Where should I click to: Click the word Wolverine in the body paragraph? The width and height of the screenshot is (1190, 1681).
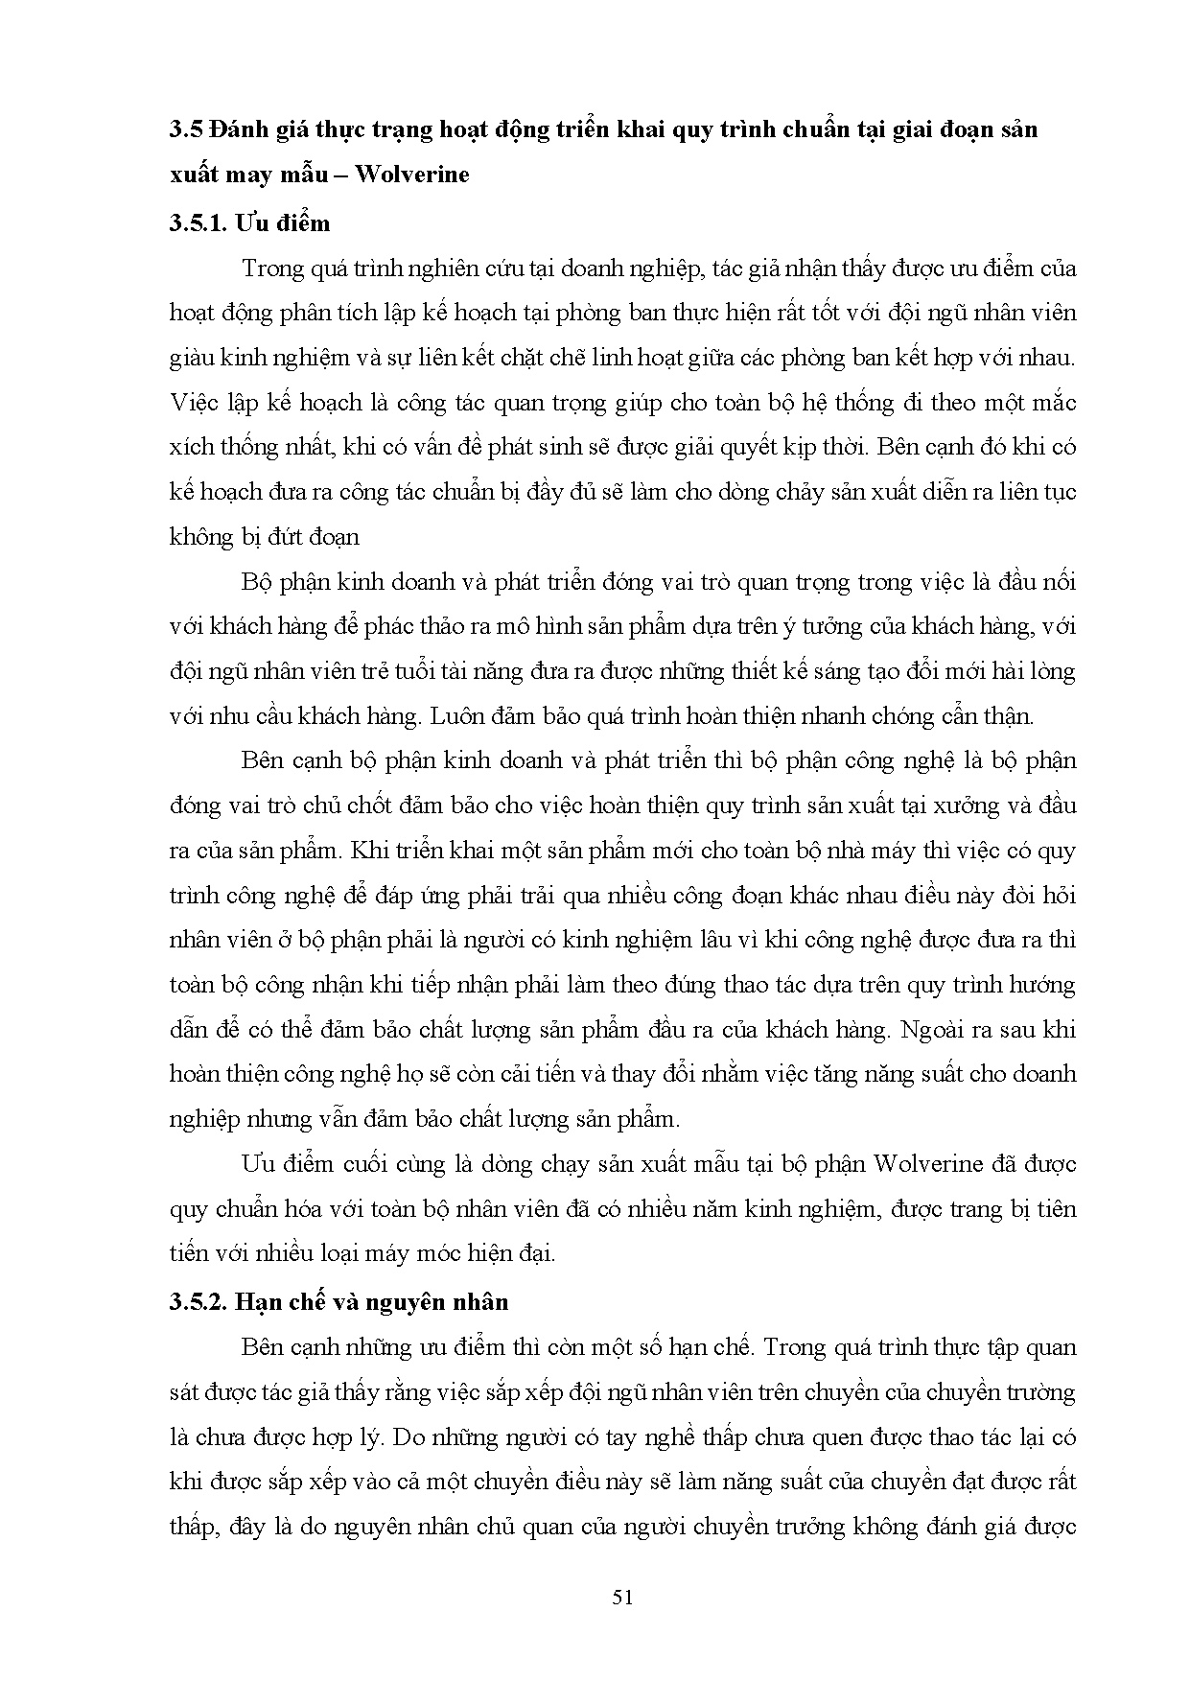click(x=927, y=1164)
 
